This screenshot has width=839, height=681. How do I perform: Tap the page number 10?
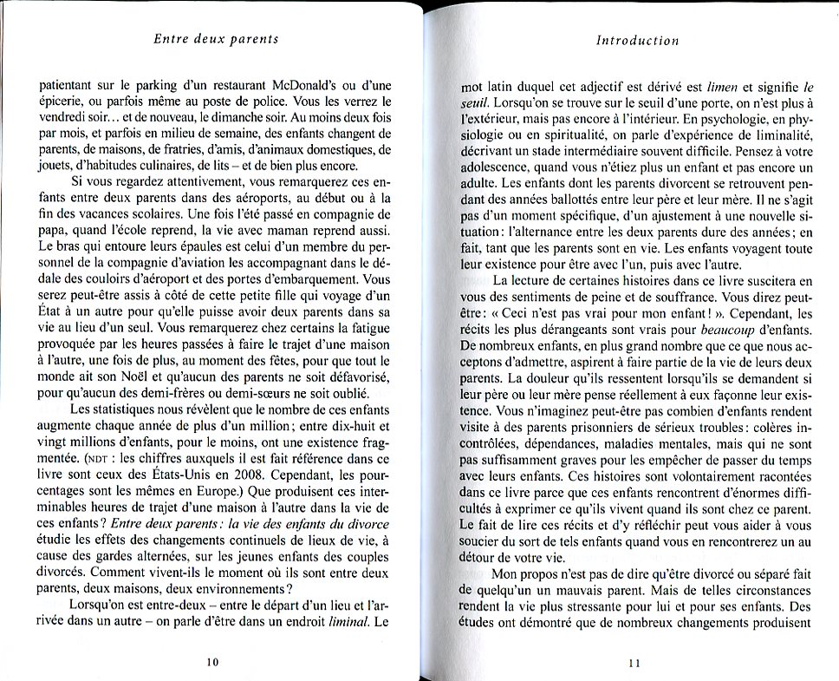(x=213, y=662)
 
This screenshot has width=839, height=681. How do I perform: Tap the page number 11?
(x=633, y=664)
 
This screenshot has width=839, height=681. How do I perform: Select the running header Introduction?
(x=637, y=40)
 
